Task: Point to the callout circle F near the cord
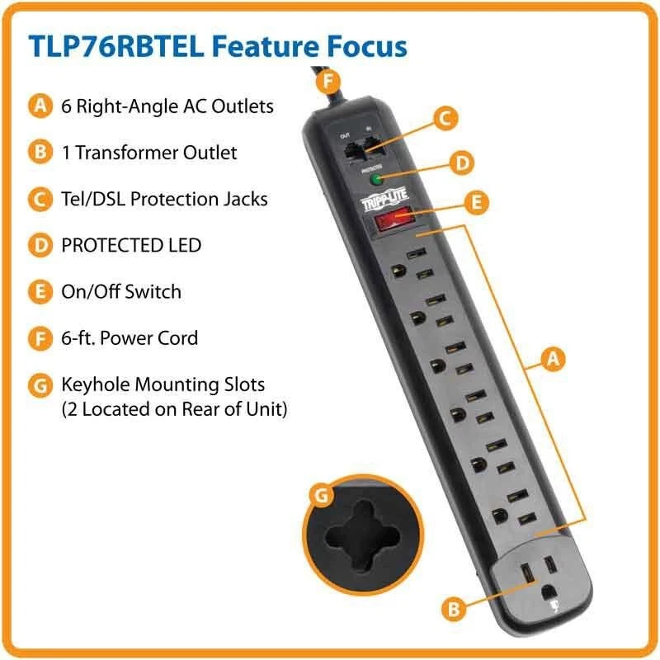tap(329, 81)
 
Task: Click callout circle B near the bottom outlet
tap(450, 610)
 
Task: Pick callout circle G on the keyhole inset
tap(320, 496)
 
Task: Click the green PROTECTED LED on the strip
tap(376, 177)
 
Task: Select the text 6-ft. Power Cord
tap(130, 338)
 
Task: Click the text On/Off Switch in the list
tap(121, 291)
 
